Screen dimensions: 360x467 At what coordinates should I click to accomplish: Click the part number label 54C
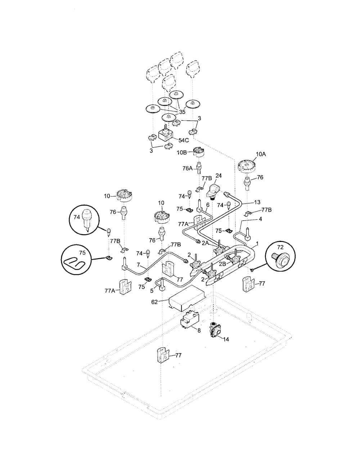pos(184,140)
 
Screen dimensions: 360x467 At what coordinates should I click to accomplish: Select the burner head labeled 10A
pos(247,167)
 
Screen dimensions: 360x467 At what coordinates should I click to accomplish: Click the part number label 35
pos(182,112)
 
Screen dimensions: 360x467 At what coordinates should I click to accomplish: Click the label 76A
pos(188,169)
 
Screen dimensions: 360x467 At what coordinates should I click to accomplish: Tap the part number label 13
pos(257,202)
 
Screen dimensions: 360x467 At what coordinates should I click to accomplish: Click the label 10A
pos(261,154)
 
